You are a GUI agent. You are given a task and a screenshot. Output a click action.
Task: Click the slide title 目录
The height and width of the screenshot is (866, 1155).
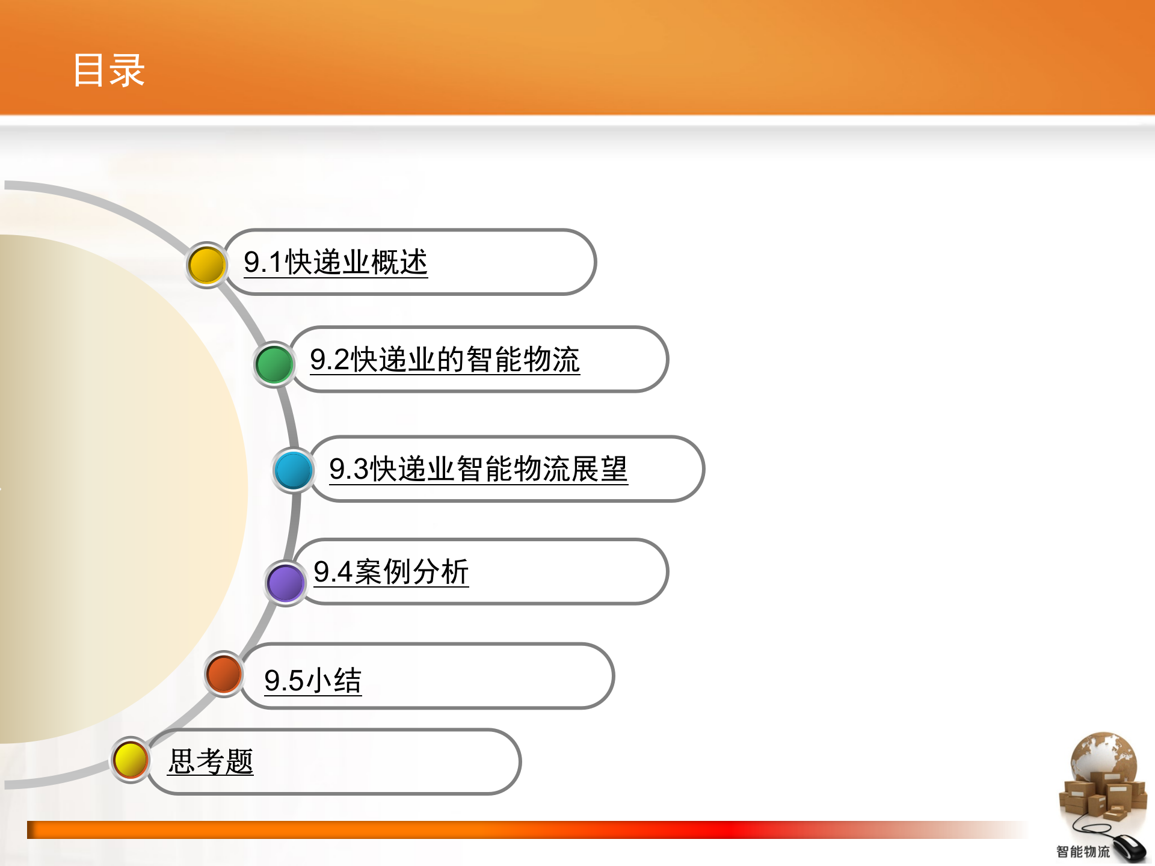[109, 70]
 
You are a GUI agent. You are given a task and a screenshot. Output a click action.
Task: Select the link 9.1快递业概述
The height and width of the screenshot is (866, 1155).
[335, 262]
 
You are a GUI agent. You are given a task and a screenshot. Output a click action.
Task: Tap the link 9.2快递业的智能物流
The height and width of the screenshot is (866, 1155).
[445, 360]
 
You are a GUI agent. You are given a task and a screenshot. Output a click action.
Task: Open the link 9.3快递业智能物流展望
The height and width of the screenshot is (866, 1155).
[478, 469]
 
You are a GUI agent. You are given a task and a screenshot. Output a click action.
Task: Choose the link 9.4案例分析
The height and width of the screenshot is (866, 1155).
[391, 571]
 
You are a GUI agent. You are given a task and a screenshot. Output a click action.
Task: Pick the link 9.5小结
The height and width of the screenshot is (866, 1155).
[313, 681]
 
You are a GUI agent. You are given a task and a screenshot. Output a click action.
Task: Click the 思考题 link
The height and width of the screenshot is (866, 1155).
[211, 761]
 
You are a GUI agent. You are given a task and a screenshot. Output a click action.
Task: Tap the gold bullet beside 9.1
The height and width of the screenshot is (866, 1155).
[206, 265]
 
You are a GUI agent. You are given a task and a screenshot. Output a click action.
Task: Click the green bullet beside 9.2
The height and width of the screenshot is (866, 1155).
[274, 364]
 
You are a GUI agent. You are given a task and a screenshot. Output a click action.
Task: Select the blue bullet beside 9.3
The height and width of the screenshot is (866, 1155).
[293, 470]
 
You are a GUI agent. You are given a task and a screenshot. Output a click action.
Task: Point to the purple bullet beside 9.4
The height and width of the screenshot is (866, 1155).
[285, 583]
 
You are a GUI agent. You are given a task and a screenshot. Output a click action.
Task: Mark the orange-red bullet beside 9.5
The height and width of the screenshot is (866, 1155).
[223, 674]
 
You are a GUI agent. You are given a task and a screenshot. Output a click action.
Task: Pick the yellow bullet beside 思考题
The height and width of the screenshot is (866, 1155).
[131, 760]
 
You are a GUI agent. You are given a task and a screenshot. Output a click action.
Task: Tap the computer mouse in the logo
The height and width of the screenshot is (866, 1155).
[1129, 848]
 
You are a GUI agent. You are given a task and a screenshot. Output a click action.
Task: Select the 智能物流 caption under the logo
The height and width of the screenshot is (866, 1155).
[1083, 852]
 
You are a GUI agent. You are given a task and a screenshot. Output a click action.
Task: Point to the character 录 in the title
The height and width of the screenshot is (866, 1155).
[127, 70]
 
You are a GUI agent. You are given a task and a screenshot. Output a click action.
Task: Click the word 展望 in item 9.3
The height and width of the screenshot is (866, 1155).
[599, 469]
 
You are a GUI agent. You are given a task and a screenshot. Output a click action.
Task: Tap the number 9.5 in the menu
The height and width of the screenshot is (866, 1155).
[284, 681]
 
